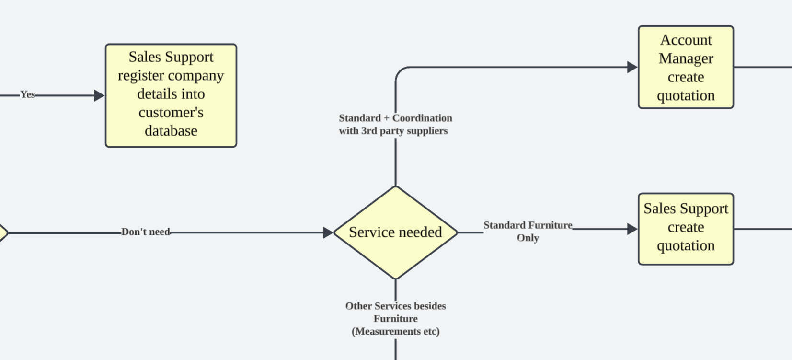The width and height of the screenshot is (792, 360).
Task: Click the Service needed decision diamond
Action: (x=396, y=232)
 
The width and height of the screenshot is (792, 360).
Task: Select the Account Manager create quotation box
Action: (x=686, y=67)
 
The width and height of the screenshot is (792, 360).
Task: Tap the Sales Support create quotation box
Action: (x=686, y=229)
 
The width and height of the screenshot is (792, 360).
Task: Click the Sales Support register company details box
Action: (x=171, y=95)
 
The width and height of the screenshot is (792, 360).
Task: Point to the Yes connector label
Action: (x=28, y=95)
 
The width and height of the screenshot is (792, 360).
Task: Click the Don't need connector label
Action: (x=146, y=232)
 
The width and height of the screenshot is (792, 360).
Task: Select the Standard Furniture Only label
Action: (x=528, y=231)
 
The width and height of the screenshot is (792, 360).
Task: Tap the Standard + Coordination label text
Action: (x=395, y=124)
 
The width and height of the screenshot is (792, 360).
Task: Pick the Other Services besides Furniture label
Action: (x=396, y=319)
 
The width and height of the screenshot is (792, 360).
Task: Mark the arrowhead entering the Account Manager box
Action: (x=632, y=67)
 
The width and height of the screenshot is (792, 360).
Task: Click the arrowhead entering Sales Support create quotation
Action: (x=632, y=229)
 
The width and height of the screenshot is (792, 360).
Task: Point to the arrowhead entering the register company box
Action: (x=100, y=95)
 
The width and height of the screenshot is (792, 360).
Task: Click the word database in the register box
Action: (x=171, y=131)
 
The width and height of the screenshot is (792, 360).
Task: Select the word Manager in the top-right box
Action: (x=686, y=58)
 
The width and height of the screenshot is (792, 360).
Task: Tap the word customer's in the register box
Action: (x=171, y=113)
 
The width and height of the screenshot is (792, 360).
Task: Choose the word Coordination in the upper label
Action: (x=422, y=118)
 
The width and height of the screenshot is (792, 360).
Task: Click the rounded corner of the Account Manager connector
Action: (x=399, y=71)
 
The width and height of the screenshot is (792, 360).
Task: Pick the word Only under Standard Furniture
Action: (x=528, y=238)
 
